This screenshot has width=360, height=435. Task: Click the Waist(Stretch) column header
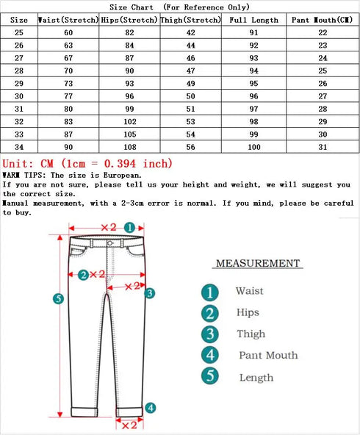tap(68, 20)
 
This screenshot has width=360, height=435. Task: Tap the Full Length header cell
tap(253, 20)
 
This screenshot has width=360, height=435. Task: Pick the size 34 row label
tap(19, 147)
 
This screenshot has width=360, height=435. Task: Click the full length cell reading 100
tap(253, 147)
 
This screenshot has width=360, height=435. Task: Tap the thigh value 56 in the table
tap(190, 147)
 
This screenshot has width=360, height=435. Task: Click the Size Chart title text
tap(179, 7)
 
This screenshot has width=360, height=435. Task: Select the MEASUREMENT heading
tap(257, 263)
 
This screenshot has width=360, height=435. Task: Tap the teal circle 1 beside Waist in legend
tap(211, 292)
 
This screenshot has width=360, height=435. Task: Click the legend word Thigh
tap(251, 334)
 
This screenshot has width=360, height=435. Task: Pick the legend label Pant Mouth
tap(267, 356)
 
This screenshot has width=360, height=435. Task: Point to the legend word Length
tap(256, 378)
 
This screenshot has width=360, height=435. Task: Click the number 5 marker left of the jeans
tap(60, 298)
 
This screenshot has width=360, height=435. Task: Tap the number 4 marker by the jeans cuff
tap(150, 408)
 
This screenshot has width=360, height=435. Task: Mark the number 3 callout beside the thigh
tap(149, 293)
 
